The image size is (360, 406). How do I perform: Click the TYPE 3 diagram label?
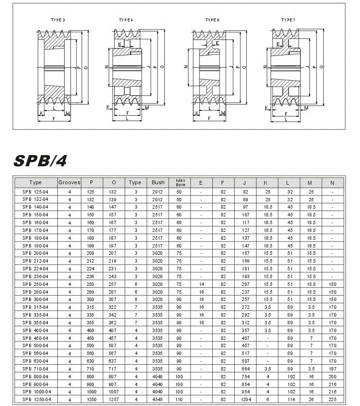click(58, 20)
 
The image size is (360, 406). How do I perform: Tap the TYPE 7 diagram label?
click(288, 20)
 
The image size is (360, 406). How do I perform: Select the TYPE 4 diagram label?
click(126, 20)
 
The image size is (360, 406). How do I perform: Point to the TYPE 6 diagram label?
click(212, 20)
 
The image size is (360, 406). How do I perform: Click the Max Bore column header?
click(180, 182)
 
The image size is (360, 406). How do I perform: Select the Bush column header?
click(158, 182)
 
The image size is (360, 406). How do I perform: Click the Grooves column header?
click(69, 182)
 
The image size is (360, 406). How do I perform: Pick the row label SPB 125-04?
click(35, 192)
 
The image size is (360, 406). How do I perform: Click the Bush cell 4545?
click(157, 399)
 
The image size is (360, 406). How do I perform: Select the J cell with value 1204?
click(245, 399)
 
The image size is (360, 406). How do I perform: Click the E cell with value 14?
click(201, 284)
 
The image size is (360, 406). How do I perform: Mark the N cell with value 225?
click(332, 399)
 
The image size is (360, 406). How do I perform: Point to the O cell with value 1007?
click(114, 391)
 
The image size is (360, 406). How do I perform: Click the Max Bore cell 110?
click(179, 399)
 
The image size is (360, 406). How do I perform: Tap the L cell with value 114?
click(290, 399)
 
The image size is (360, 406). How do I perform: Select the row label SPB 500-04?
click(35, 346)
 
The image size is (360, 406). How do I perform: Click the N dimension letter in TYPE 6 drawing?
click(186, 67)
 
